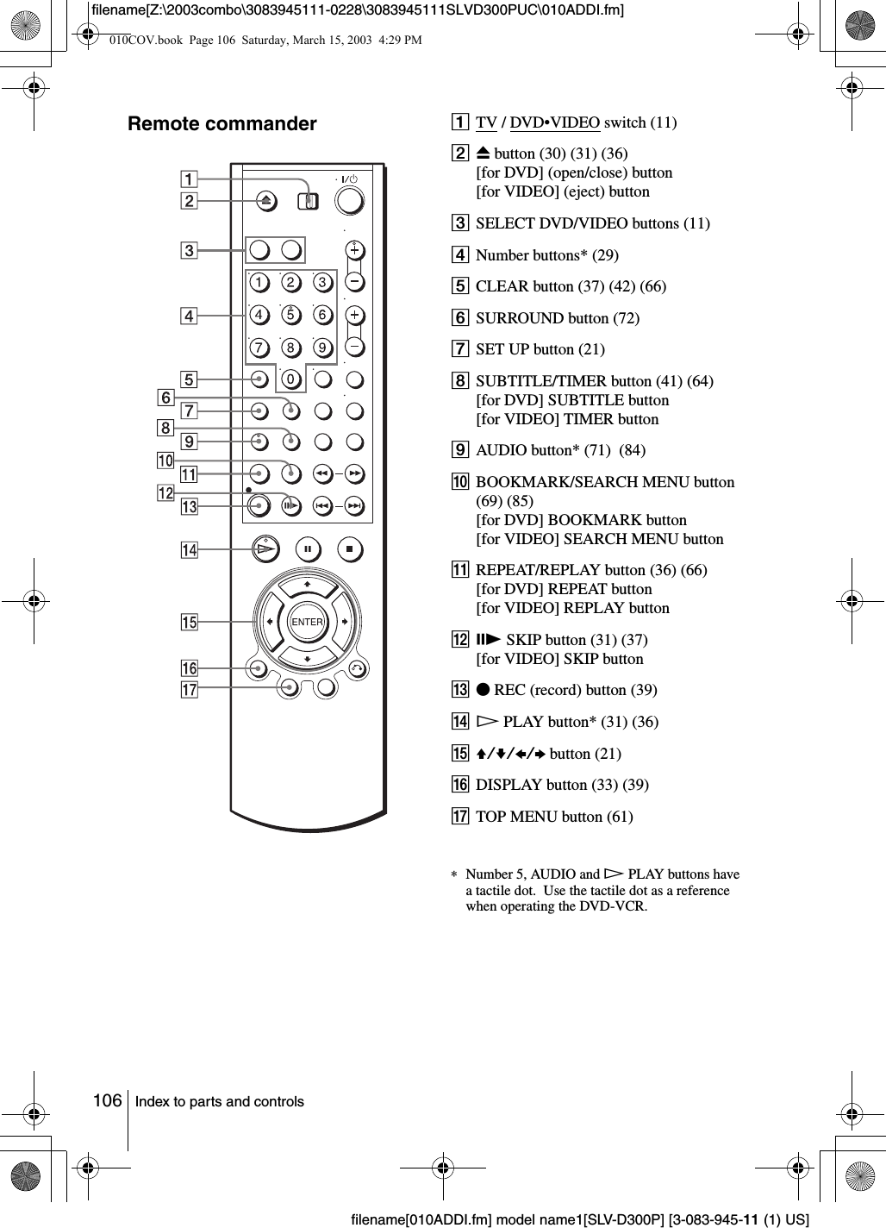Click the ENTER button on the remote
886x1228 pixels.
(307, 622)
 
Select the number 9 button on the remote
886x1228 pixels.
(322, 348)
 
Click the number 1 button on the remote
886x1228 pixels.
(258, 282)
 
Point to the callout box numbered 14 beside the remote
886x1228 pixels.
(189, 550)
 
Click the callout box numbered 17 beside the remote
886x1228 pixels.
(189, 690)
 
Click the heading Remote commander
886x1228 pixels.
(222, 124)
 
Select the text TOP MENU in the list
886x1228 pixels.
(509, 816)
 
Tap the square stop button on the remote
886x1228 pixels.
(349, 548)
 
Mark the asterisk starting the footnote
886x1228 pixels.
(454, 875)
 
